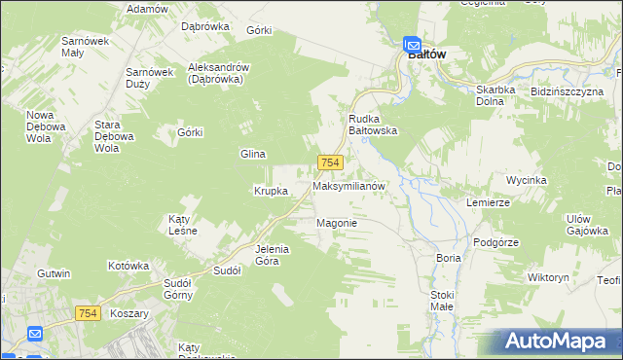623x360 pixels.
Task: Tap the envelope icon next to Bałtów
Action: pos(412,43)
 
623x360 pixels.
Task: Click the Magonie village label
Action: pos(337,223)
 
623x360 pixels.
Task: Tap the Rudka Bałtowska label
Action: pos(373,125)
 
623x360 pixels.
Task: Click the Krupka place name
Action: pos(271,191)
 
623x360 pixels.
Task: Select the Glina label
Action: pos(253,154)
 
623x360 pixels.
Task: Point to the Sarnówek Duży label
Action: pos(149,78)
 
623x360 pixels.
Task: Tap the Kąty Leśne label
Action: pos(183,225)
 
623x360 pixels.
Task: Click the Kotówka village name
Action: pos(128,265)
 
